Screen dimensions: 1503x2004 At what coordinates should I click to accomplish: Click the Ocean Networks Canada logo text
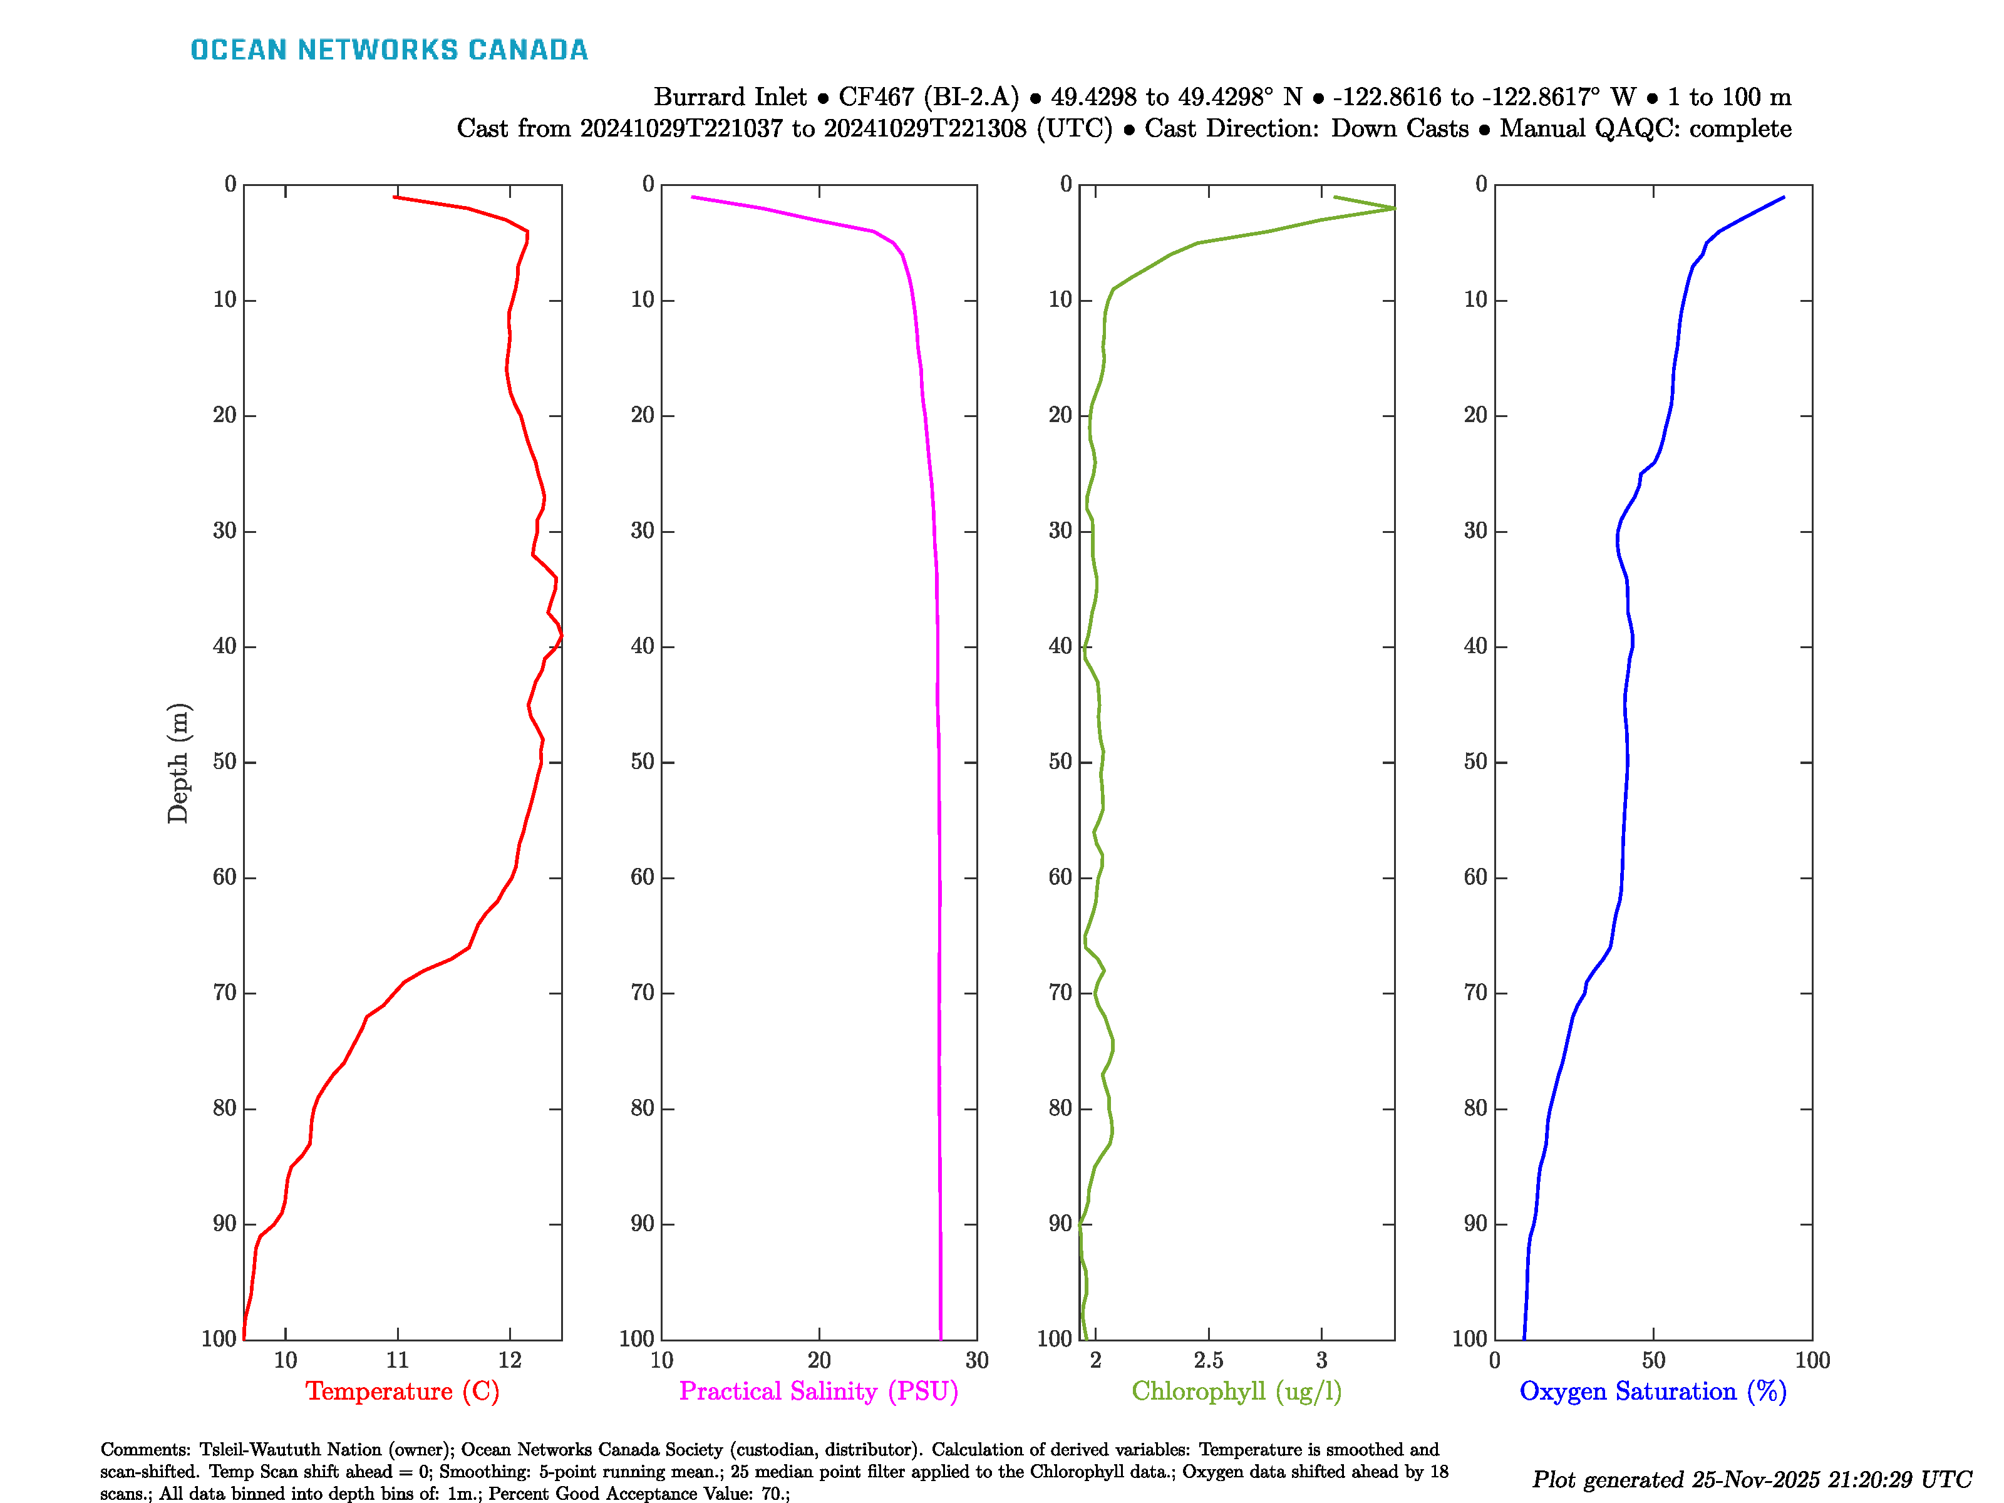click(x=389, y=50)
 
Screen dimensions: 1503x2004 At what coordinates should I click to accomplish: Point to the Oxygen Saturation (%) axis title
click(x=1653, y=1391)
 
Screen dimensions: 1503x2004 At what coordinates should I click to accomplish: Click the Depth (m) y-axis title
click(x=178, y=763)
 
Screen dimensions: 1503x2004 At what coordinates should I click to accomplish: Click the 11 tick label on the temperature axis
click(x=397, y=1360)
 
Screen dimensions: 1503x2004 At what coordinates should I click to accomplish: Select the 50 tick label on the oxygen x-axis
click(x=1653, y=1360)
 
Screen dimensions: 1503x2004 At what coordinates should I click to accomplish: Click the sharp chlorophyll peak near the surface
click(x=1393, y=209)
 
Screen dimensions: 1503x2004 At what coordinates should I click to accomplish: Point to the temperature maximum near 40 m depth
click(x=560, y=637)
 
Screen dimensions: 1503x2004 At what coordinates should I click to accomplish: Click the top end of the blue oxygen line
click(x=1783, y=197)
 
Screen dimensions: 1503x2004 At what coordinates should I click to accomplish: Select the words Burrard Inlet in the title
click(x=730, y=97)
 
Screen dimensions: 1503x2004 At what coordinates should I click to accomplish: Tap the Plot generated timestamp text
click(x=1751, y=1479)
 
